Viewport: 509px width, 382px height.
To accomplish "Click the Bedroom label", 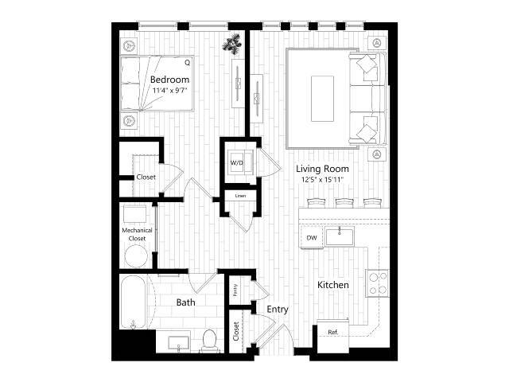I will (169, 80).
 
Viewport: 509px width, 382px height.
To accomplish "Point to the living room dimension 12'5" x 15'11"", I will (322, 180).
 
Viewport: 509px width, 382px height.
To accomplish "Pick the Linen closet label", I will (240, 195).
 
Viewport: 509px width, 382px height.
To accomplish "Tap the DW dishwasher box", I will (312, 237).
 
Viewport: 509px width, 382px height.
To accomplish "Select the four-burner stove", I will (377, 283).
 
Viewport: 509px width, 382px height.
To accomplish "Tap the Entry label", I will (278, 310).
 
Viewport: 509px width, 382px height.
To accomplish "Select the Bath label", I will (185, 302).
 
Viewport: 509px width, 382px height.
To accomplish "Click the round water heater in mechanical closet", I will (136, 256).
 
